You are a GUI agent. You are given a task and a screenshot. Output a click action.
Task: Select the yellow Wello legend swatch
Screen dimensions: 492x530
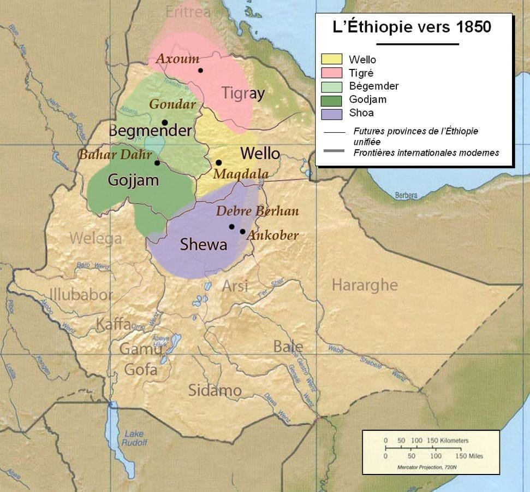tap(331, 60)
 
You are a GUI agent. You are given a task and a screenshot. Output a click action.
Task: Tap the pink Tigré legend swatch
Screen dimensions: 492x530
tap(331, 73)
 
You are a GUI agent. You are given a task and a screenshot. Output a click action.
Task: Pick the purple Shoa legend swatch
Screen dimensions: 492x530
tap(331, 114)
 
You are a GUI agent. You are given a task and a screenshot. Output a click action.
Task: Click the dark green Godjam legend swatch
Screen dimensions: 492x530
tap(331, 100)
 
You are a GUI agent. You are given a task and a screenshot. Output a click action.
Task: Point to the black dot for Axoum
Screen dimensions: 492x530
tap(200, 71)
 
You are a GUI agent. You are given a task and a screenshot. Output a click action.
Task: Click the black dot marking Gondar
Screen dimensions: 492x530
tap(164, 122)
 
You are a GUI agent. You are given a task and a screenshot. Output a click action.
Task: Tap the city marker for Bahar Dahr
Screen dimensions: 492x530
tap(157, 162)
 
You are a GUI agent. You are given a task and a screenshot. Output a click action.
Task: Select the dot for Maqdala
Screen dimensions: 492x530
tap(218, 162)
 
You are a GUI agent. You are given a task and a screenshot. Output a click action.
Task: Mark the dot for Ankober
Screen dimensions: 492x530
tap(242, 231)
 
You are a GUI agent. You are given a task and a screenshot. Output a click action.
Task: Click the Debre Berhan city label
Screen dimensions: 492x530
tap(258, 211)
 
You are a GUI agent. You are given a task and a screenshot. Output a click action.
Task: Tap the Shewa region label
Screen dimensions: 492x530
tap(204, 245)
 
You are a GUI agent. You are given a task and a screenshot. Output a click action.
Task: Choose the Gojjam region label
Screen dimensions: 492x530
tap(133, 180)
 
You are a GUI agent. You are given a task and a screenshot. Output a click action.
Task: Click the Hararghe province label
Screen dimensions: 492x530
tap(365, 285)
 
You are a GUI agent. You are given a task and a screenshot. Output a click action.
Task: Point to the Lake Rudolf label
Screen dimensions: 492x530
tap(134, 438)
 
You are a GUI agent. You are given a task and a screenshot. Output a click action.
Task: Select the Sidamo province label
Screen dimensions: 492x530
tap(215, 390)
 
